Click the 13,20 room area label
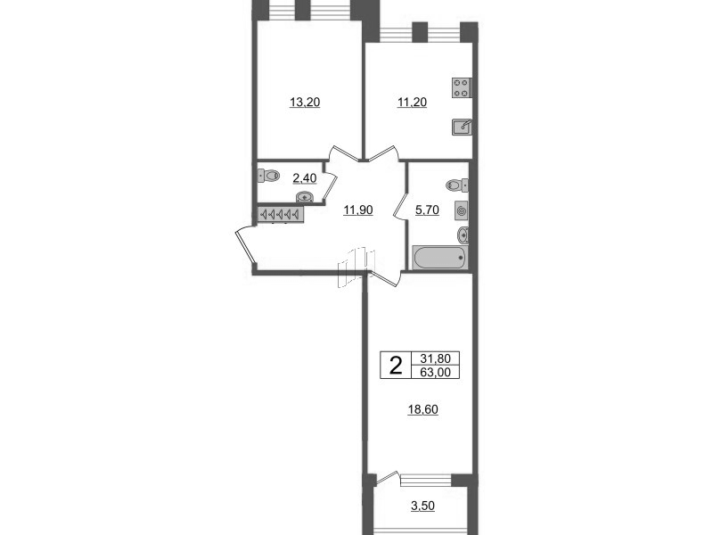coord(305,103)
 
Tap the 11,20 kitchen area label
coord(412,103)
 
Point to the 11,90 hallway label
coord(357,210)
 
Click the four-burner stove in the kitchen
coord(462,87)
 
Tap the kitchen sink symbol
coord(462,128)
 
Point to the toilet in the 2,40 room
coord(269,177)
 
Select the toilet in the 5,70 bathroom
coord(458,185)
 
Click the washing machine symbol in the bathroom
coord(461,210)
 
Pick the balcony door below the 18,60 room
coord(389,480)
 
